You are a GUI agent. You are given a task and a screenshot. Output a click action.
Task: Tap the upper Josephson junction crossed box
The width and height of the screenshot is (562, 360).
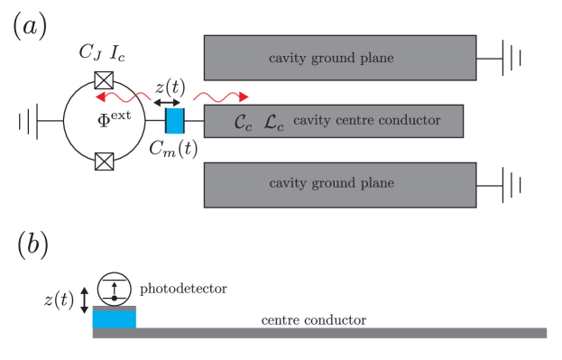[105, 77]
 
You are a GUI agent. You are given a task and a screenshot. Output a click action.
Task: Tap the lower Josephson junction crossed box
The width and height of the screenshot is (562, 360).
[105, 162]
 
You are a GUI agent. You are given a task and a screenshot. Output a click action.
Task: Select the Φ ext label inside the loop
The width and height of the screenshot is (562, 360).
[114, 118]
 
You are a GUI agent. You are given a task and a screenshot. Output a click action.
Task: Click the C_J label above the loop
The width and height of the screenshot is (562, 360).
[89, 53]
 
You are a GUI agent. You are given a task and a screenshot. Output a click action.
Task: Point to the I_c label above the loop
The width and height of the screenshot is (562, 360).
[117, 53]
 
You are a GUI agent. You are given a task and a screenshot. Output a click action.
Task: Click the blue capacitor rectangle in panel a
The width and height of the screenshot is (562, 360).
[175, 120]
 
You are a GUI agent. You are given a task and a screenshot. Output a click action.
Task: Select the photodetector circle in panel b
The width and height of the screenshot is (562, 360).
[116, 289]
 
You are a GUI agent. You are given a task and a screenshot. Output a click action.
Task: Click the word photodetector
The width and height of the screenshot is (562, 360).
[182, 289]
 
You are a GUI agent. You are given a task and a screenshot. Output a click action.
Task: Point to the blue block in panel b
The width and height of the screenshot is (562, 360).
[115, 318]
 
